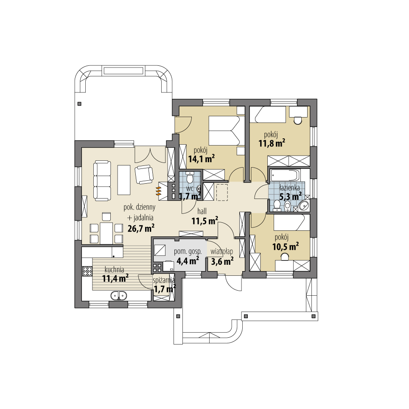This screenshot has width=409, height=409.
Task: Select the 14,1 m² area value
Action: [x=200, y=160]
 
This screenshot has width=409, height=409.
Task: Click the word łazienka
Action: [x=290, y=187]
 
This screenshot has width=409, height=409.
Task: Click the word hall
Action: [x=202, y=210]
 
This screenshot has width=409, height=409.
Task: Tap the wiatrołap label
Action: [x=222, y=251]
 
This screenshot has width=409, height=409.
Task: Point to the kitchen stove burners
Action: [x=88, y=270]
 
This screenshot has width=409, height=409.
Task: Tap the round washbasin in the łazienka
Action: [x=304, y=206]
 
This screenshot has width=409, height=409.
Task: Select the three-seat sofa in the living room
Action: [x=101, y=180]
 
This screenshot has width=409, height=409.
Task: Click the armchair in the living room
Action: [x=144, y=174]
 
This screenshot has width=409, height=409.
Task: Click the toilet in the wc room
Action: [x=189, y=178]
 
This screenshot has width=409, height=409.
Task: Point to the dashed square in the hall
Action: [x=222, y=192]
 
